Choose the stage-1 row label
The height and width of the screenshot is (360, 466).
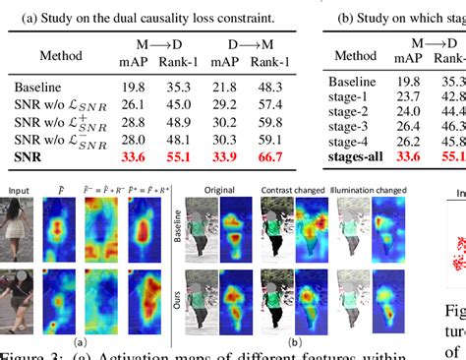[354, 96]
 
